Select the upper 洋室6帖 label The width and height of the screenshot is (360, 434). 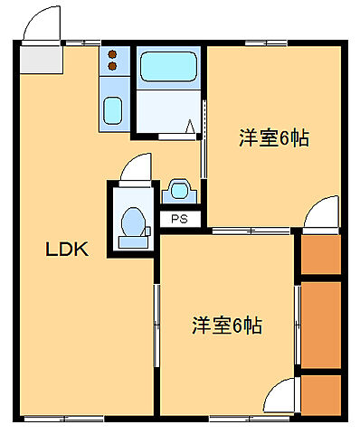pos(274,138)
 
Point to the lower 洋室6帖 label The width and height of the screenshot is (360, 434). pos(227,325)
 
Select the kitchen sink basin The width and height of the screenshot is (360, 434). pos(113,111)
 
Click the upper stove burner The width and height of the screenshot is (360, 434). pos(113,52)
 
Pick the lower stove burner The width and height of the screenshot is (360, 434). pos(113,65)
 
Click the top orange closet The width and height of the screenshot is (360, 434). pos(320,254)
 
